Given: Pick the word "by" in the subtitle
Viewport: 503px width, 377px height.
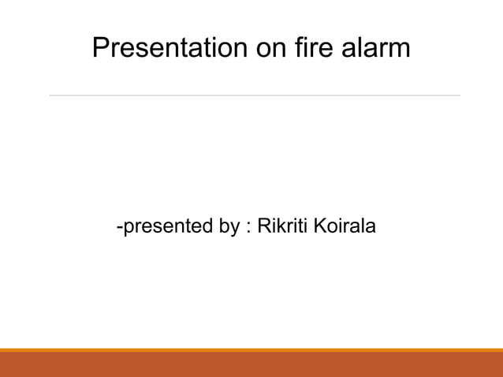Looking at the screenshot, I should [x=229, y=228].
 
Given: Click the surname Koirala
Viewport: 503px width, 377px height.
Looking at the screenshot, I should [x=345, y=227].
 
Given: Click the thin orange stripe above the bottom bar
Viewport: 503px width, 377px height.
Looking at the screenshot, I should [x=251, y=350].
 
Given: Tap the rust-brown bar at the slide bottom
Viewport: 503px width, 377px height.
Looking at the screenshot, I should [x=251, y=365].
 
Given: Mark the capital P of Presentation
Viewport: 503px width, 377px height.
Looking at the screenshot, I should [x=100, y=48].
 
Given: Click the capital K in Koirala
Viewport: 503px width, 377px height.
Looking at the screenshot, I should [x=321, y=227].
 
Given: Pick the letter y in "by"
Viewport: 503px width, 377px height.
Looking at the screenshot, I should [x=234, y=230].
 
